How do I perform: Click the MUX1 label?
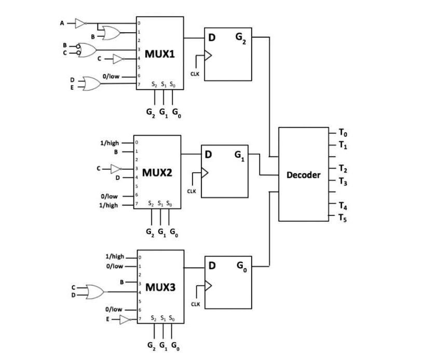(159, 54)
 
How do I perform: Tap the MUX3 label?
(160, 286)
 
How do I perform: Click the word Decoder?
(304, 175)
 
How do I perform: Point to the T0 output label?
(343, 134)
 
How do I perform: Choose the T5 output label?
(343, 218)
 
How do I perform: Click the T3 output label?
(343, 182)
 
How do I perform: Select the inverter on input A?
(80, 23)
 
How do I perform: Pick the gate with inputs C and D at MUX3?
(94, 291)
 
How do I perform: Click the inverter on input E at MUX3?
(125, 320)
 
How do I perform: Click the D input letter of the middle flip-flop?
(208, 155)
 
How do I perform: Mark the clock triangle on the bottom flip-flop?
(209, 286)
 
